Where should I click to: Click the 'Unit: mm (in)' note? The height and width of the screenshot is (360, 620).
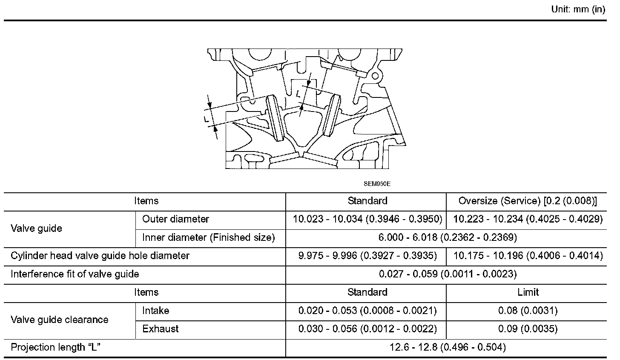(x=578, y=10)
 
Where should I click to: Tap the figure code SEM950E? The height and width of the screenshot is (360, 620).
(x=377, y=184)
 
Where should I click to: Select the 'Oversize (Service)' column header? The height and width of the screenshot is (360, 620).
(x=527, y=201)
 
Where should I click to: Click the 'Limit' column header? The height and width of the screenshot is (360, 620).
(x=528, y=292)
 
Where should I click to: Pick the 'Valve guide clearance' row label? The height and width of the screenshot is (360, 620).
(x=60, y=320)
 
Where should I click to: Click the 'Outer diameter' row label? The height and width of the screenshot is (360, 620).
(x=175, y=219)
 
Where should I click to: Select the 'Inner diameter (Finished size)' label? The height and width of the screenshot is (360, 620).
(x=209, y=237)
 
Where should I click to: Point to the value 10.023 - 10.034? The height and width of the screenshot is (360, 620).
(x=367, y=219)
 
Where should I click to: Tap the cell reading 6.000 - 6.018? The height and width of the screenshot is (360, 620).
(x=448, y=237)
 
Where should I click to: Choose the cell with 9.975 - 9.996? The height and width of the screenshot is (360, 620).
(x=367, y=256)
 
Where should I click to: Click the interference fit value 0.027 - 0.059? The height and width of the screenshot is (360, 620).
(x=448, y=274)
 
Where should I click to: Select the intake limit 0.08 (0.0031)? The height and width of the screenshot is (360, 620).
(x=528, y=311)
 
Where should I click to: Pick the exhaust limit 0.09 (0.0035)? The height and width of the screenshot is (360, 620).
(x=528, y=329)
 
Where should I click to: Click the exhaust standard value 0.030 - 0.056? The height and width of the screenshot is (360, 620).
(x=367, y=329)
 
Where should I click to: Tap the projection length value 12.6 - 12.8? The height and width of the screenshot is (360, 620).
(x=448, y=348)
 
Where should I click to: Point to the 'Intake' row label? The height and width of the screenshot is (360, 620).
(x=156, y=311)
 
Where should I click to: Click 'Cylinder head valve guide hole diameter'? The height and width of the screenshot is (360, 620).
(x=100, y=256)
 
